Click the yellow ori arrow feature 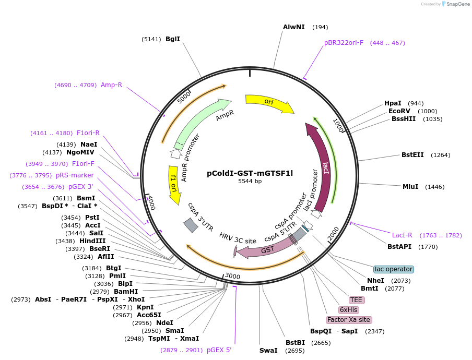click(x=269, y=102)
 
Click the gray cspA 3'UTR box click(x=191, y=225)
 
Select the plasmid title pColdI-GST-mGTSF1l click(x=250, y=173)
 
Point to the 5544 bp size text click(x=250, y=182)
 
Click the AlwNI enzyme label click(x=294, y=27)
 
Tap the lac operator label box click(x=394, y=269)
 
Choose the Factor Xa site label click(x=348, y=320)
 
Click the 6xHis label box click(x=349, y=310)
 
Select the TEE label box click(x=357, y=300)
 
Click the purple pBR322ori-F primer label click(x=344, y=43)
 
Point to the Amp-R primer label click(x=111, y=85)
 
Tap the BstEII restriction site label click(x=413, y=155)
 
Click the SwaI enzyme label click(x=268, y=350)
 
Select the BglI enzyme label click(x=173, y=39)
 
